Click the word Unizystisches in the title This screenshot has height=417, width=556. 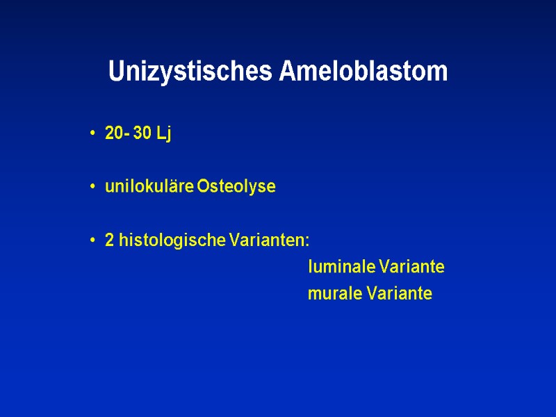pos(191,72)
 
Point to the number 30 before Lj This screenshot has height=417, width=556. pos(142,133)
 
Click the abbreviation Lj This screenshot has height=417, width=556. pos(164,134)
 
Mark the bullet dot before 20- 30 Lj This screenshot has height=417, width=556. pos(92,134)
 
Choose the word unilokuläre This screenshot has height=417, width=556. pos(149,187)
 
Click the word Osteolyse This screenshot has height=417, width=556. pos(236,187)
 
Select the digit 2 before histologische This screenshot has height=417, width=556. pos(109,240)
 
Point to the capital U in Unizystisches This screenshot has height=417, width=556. pos(115,72)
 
